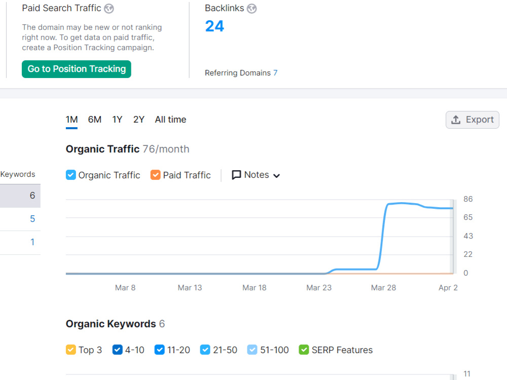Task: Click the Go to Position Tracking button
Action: [77, 69]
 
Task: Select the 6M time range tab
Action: [94, 120]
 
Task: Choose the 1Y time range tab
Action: [117, 120]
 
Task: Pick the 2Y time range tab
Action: [139, 120]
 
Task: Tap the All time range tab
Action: [170, 120]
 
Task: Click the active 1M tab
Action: [71, 120]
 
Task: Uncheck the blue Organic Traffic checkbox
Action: [71, 175]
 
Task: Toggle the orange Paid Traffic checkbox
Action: [155, 175]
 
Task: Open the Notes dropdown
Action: [256, 175]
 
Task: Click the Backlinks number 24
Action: [214, 26]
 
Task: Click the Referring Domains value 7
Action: [275, 72]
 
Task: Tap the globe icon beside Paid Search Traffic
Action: [109, 9]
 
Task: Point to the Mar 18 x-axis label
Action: [255, 288]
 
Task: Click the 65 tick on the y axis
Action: [468, 217]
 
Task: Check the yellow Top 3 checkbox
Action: [71, 350]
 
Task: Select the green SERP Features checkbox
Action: [304, 350]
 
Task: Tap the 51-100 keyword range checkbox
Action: [252, 350]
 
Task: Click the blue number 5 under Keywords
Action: [32, 219]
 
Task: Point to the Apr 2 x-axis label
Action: [448, 288]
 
